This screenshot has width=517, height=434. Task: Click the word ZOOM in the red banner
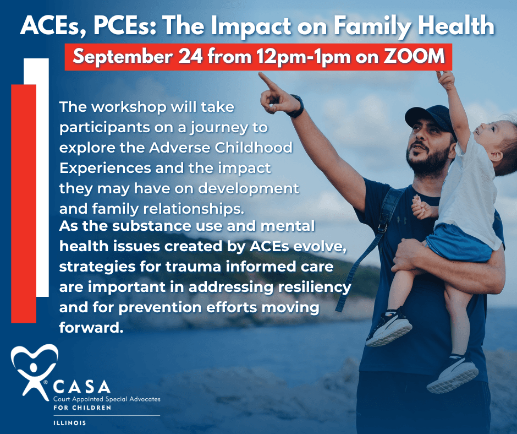coord(414,56)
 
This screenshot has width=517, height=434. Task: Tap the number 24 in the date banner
coord(191,56)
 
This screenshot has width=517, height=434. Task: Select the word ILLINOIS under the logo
coord(69,423)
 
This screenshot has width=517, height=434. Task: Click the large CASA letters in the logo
coord(81,387)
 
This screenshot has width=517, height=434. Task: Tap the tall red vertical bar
coord(24,203)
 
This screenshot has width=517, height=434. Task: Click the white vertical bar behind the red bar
coord(42,177)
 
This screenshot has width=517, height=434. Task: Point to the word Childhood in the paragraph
coord(254,147)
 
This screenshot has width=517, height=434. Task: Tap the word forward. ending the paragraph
coord(91,328)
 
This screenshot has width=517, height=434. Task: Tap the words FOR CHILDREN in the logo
coord(82,408)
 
